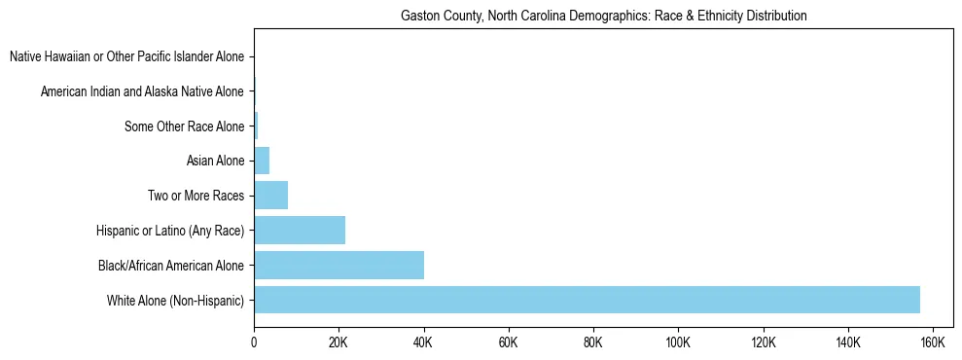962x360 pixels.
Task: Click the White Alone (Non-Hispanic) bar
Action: coord(587,300)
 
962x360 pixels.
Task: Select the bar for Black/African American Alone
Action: coord(338,265)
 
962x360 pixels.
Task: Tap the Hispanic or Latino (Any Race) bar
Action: coord(300,231)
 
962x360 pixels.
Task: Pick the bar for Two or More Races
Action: coord(270,196)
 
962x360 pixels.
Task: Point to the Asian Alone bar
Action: coord(262,161)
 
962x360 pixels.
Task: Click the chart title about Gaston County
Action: coord(604,17)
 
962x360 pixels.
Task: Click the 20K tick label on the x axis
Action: coord(338,342)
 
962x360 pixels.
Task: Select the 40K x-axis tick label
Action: coord(423,342)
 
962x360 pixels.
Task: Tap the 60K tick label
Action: coord(508,342)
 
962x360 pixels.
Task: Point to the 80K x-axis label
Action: coord(593,342)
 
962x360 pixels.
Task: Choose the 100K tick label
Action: coord(678,342)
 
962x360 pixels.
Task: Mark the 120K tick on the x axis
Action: coord(763,342)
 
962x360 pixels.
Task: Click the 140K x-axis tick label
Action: coord(848,342)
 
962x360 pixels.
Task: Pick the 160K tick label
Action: coord(933,342)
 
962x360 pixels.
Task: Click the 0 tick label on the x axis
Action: coord(254,342)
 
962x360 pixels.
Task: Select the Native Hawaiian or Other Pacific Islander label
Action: coord(126,57)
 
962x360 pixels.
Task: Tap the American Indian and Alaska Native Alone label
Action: coord(142,92)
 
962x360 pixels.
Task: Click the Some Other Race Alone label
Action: coord(185,126)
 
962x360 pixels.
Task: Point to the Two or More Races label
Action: coord(196,196)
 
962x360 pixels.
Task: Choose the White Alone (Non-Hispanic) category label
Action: coord(176,300)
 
